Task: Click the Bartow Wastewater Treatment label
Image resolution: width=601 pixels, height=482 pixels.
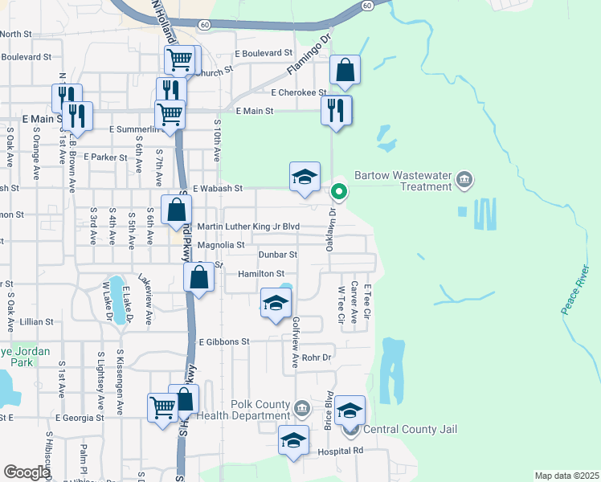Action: pos(403,180)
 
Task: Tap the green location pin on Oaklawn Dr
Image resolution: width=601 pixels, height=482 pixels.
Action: pos(339,191)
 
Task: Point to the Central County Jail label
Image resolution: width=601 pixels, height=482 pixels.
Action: pos(410,429)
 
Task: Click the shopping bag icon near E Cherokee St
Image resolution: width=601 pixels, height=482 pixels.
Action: pos(345,71)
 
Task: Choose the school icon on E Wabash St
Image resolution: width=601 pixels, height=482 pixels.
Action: pos(305,178)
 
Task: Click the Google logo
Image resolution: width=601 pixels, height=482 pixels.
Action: pos(27,472)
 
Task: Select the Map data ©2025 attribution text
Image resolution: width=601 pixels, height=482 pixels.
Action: pos(566,476)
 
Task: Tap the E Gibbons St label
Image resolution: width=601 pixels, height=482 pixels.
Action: pos(224,341)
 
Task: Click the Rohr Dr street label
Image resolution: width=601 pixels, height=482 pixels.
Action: pos(317,357)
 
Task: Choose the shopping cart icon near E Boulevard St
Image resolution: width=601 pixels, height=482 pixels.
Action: pos(180,59)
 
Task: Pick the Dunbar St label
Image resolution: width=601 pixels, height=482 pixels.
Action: pos(278,255)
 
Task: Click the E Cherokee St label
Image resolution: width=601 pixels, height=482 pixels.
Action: pos(298,92)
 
